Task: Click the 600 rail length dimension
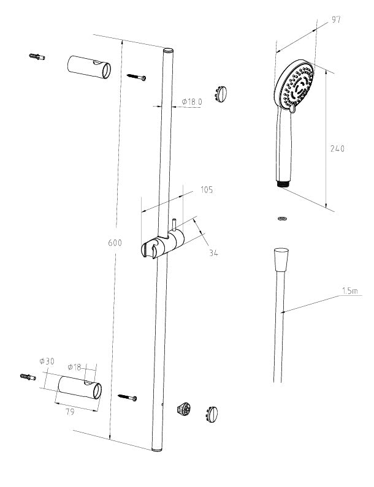click(113, 243)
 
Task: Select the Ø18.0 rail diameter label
click(191, 102)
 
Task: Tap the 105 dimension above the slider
click(206, 190)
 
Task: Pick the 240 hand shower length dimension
click(337, 148)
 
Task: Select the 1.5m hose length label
click(350, 291)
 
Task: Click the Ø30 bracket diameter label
click(47, 361)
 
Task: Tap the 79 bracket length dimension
click(70, 412)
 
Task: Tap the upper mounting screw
click(137, 77)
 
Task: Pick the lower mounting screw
click(128, 397)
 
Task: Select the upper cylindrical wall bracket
click(89, 67)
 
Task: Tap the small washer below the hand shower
click(281, 217)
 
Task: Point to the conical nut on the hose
click(281, 259)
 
